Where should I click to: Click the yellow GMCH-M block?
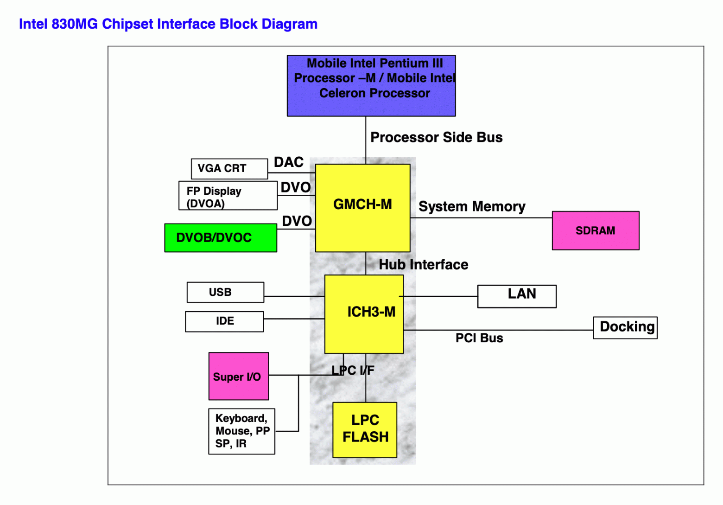(362, 208)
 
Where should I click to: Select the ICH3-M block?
(364, 314)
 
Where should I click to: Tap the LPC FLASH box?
(365, 429)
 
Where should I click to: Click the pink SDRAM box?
(595, 230)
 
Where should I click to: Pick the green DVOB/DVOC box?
(221, 238)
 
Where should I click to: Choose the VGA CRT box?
(229, 168)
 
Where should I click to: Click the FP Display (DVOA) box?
(228, 196)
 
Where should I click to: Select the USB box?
(225, 292)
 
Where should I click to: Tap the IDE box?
(224, 321)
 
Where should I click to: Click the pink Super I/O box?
(238, 376)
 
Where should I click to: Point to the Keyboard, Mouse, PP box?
(241, 431)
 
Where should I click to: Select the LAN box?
(517, 296)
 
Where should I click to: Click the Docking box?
(625, 327)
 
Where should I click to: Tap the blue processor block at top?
(371, 85)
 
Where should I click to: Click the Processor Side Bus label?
(436, 137)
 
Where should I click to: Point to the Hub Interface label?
(423, 264)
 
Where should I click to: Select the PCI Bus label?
(479, 338)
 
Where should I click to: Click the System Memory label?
(471, 206)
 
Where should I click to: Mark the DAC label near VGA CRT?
(288, 162)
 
